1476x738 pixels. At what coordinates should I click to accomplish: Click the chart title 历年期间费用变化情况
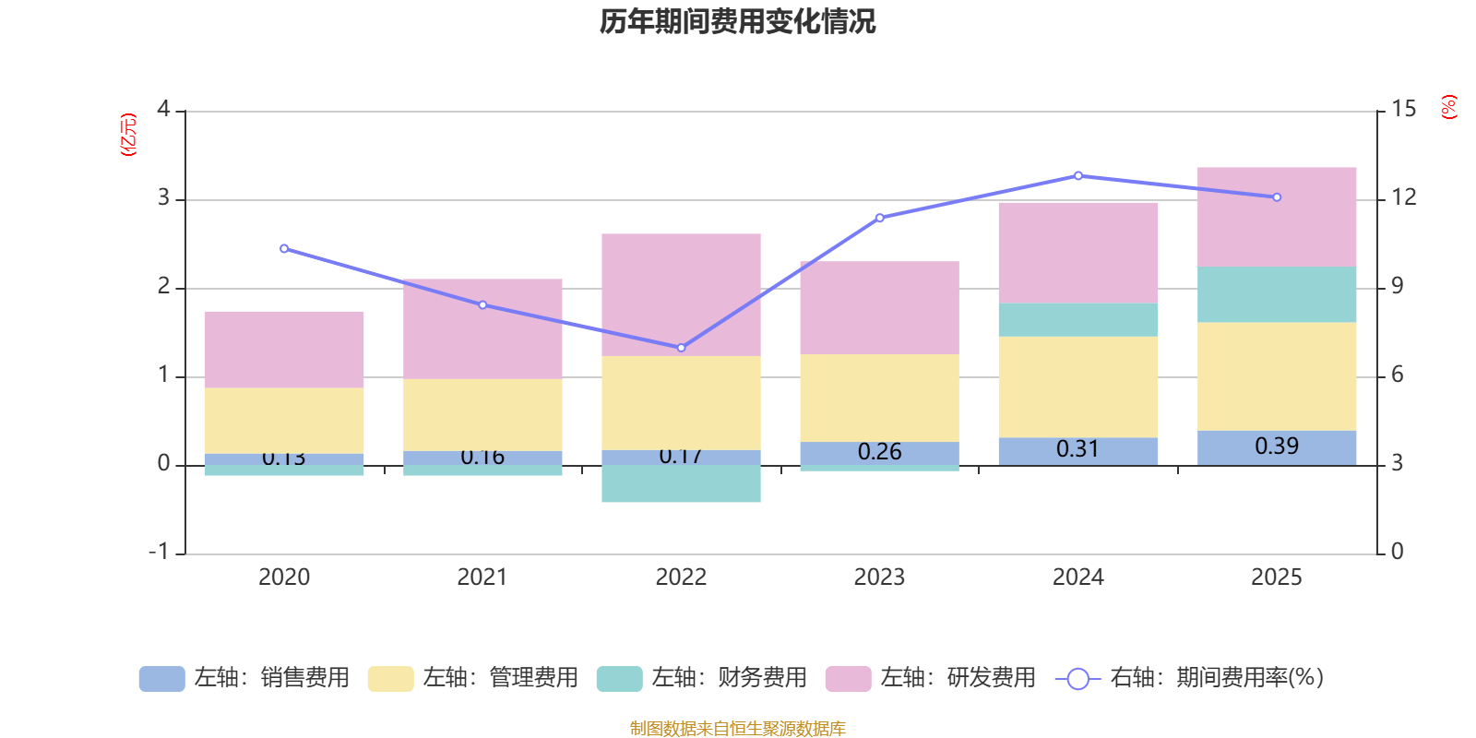point(737,21)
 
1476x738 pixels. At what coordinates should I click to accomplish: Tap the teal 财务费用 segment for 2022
point(681,483)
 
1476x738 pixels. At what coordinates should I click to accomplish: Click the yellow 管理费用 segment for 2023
point(879,398)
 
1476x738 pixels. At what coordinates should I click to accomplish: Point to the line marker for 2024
point(1077,175)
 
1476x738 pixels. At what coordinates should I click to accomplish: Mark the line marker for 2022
point(681,348)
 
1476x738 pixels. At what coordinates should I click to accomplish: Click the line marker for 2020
point(284,248)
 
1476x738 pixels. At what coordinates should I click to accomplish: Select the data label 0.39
point(1277,446)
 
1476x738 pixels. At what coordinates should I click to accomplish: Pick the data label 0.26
point(879,452)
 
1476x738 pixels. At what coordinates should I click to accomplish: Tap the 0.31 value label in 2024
point(1077,449)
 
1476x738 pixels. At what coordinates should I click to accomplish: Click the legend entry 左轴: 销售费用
point(244,678)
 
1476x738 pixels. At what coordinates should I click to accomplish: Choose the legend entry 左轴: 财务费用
point(702,678)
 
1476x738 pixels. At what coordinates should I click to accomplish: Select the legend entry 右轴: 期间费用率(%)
point(1190,678)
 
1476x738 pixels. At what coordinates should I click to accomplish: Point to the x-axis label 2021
point(482,577)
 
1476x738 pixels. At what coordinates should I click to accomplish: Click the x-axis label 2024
point(1077,577)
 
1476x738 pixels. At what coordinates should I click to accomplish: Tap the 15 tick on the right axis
point(1403,109)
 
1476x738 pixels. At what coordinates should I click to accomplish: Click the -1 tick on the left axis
point(159,552)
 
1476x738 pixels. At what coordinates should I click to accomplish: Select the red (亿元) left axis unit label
point(128,135)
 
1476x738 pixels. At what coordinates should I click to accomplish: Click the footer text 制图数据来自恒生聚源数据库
point(737,729)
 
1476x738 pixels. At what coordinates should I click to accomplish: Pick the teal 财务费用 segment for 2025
point(1277,294)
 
